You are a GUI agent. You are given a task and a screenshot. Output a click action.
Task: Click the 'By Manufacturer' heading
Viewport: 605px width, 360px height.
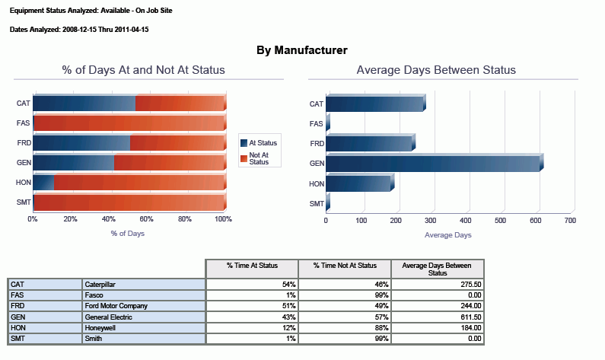pos(302,50)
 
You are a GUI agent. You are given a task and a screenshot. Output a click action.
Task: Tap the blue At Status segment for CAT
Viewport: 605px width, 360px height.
pos(84,104)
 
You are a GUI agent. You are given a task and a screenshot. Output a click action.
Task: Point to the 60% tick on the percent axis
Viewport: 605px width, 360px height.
pos(147,219)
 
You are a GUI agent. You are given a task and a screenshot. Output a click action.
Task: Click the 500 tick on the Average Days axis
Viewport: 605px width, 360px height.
pos(500,221)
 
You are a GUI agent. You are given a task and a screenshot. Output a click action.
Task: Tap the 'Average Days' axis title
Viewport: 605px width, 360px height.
pos(447,235)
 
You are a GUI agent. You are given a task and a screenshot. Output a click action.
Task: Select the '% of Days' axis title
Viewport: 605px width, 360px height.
pos(127,234)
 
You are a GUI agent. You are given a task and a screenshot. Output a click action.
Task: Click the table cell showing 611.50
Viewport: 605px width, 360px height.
pos(437,317)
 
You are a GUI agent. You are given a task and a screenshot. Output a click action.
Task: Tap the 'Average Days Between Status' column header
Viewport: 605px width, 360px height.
pos(437,269)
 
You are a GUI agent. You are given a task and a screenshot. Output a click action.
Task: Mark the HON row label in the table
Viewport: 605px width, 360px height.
pos(45,328)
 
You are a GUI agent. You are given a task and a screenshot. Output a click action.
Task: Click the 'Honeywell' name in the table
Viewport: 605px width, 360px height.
pos(143,328)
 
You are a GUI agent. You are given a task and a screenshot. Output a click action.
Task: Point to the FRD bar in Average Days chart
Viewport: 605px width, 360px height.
pos(369,143)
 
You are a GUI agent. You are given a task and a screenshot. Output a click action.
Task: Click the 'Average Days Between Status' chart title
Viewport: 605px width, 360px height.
pos(436,70)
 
